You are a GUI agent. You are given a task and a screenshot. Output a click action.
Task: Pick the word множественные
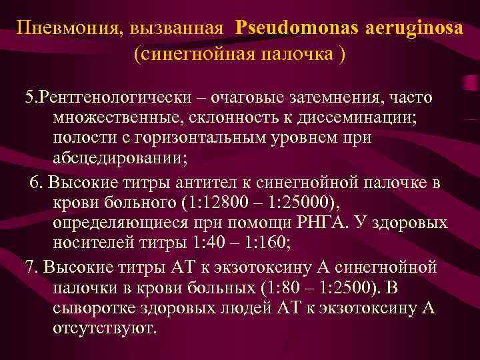[111, 118]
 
